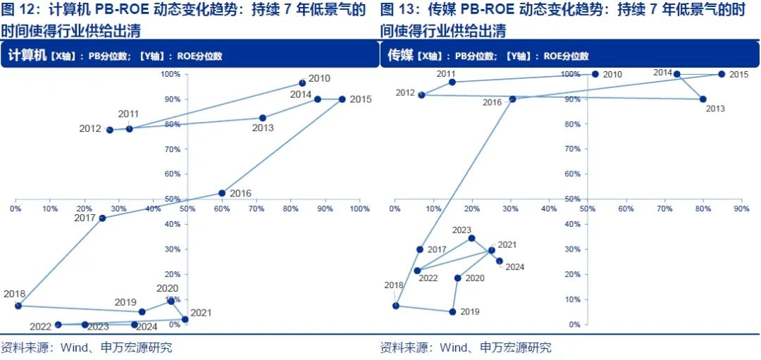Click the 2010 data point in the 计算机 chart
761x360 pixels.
point(302,83)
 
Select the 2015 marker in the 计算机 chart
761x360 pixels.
point(342,99)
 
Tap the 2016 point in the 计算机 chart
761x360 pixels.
point(222,193)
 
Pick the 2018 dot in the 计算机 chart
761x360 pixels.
point(18,306)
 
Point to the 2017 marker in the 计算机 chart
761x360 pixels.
point(102,218)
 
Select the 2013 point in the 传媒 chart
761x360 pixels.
point(703,99)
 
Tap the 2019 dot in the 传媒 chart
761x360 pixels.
point(452,311)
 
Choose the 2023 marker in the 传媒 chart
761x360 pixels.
point(472,238)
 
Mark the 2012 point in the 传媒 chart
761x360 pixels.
point(421,94)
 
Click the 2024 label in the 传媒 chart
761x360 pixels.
point(514,267)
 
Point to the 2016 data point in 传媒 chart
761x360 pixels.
point(512,99)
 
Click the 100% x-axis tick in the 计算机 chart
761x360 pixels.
point(359,209)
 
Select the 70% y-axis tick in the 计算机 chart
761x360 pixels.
point(171,149)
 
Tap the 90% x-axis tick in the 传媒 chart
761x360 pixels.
point(741,209)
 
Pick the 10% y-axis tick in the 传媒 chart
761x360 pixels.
point(574,299)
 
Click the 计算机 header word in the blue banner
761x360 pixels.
point(26,55)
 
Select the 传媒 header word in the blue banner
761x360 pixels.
point(400,55)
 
